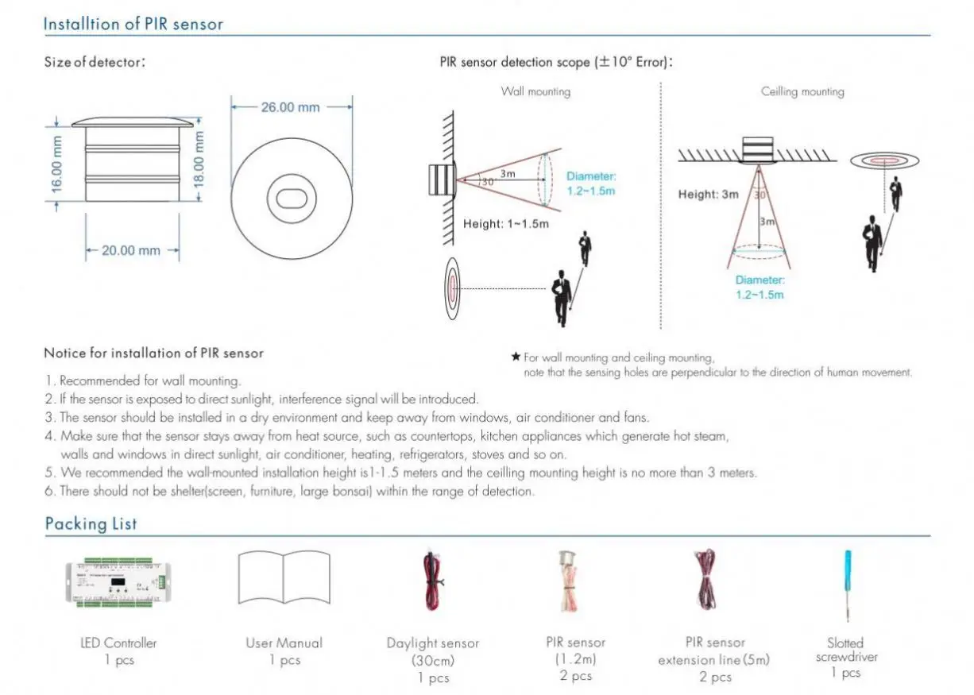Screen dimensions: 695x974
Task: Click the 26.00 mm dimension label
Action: (290, 107)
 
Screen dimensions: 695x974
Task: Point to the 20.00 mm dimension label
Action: (131, 250)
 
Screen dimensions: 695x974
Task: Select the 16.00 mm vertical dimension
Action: (56, 163)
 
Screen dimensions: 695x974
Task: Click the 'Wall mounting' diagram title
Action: (535, 91)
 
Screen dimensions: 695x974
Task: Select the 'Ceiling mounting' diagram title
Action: (802, 91)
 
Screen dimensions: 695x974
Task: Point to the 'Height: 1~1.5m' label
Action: (506, 224)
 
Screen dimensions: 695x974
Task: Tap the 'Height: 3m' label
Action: (708, 195)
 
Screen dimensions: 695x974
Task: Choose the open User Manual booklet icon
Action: (284, 577)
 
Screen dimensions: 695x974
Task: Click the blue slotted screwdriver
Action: (848, 585)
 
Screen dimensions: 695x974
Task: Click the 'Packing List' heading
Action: (91, 523)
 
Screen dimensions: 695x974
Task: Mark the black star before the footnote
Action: (515, 357)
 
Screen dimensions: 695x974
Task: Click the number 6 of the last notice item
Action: (48, 492)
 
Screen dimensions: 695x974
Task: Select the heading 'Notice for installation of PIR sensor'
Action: (153, 353)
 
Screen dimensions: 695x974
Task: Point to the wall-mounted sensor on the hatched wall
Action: (441, 180)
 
